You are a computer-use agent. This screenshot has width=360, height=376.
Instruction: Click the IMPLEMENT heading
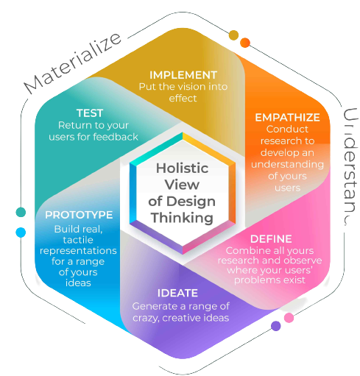pyautogui.click(x=183, y=75)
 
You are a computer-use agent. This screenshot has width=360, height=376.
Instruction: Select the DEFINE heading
pyautogui.click(x=271, y=238)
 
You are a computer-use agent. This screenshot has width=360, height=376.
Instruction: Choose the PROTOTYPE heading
pyautogui.click(x=79, y=215)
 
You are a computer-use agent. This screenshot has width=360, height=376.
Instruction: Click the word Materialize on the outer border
pyautogui.click(x=71, y=64)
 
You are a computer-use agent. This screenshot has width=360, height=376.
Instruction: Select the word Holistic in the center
pyautogui.click(x=182, y=168)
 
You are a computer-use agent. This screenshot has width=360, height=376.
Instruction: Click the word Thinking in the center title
pyautogui.click(x=182, y=218)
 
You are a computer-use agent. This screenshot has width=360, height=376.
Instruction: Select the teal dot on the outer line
pyautogui.click(x=21, y=212)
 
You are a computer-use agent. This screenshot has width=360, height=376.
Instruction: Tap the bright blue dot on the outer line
pyautogui.click(x=21, y=233)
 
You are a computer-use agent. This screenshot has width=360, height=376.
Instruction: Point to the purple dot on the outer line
pyautogui.click(x=276, y=326)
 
